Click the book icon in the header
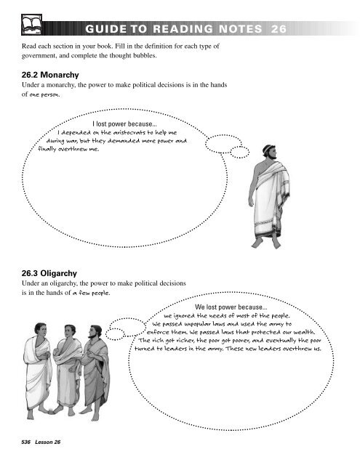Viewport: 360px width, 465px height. pyautogui.click(x=33, y=26)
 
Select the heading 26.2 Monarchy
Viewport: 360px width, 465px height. pyautogui.click(x=52, y=75)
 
